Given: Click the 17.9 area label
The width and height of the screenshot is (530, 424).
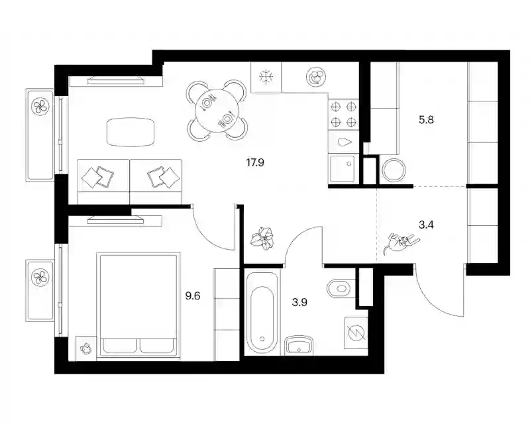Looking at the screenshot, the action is point(255,163).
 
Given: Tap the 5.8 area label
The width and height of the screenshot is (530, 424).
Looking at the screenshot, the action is point(426,120).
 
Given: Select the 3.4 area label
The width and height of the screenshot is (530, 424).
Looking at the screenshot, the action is point(426,225).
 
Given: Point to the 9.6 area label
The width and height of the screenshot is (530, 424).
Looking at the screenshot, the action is point(193,296).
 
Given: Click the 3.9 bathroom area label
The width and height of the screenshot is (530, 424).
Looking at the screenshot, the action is point(299,302).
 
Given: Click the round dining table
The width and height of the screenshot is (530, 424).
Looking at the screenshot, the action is point(217,110).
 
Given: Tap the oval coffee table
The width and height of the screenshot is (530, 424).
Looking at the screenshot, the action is point(131,132).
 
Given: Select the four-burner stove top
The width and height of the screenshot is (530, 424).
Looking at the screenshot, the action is point(343,115).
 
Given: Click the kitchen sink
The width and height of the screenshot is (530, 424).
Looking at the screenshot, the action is point(343,169).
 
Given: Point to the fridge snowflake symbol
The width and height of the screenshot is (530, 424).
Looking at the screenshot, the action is point(266,77).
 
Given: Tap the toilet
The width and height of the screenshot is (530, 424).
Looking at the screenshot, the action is point(341,288).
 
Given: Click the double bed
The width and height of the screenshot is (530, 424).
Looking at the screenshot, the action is point(138,305).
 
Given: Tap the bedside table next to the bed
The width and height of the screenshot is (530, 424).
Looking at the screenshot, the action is point(86,348).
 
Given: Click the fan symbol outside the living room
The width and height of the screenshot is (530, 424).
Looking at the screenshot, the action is point(40,107).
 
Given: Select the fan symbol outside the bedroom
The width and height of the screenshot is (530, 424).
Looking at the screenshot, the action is point(40,278).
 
